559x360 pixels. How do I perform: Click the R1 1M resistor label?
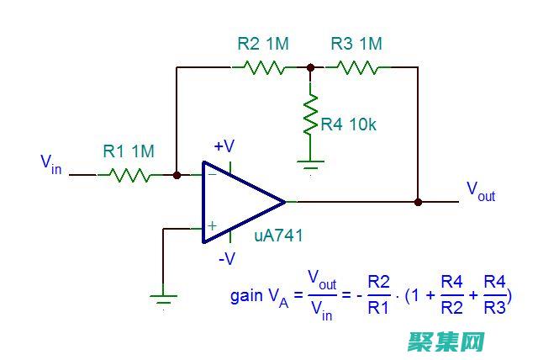tap(129, 151)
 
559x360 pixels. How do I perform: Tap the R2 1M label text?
tap(263, 44)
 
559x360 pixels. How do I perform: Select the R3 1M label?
tap(356, 44)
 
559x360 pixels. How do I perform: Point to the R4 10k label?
tap(349, 124)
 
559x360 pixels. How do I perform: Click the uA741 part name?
tap(278, 236)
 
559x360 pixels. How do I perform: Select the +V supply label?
tap(224, 146)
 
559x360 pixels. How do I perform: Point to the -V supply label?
tap(227, 259)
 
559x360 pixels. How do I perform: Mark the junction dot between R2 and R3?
tap(310, 67)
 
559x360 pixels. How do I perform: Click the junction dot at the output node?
tap(418, 202)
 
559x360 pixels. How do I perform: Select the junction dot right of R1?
tap(177, 175)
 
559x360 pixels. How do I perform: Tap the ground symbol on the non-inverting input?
tap(163, 296)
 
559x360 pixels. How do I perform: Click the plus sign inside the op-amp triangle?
tap(212, 225)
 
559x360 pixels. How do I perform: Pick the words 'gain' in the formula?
tap(246, 296)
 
